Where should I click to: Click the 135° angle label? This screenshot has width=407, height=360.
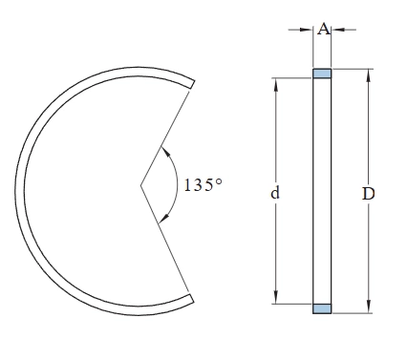coord(203,185)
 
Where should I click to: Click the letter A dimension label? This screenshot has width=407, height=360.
coord(324,30)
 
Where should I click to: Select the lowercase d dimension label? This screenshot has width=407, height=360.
coord(275,193)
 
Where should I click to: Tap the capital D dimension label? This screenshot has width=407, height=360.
coord(369,194)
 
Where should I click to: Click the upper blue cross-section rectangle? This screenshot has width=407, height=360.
coord(322,74)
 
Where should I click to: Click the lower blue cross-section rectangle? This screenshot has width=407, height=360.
coord(322,308)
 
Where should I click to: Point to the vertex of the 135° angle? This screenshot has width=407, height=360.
coord(140,185)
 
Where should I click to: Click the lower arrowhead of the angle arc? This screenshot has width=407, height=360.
coord(164,218)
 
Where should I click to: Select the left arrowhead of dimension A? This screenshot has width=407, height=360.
coord(307,30)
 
